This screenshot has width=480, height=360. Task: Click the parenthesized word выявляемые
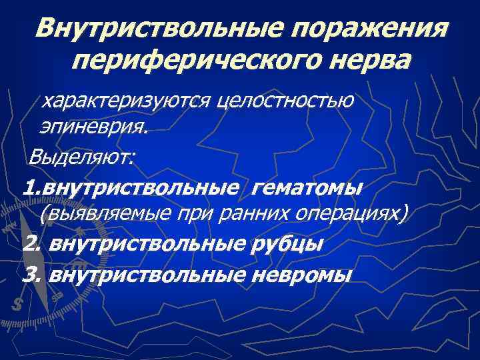[103, 214]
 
